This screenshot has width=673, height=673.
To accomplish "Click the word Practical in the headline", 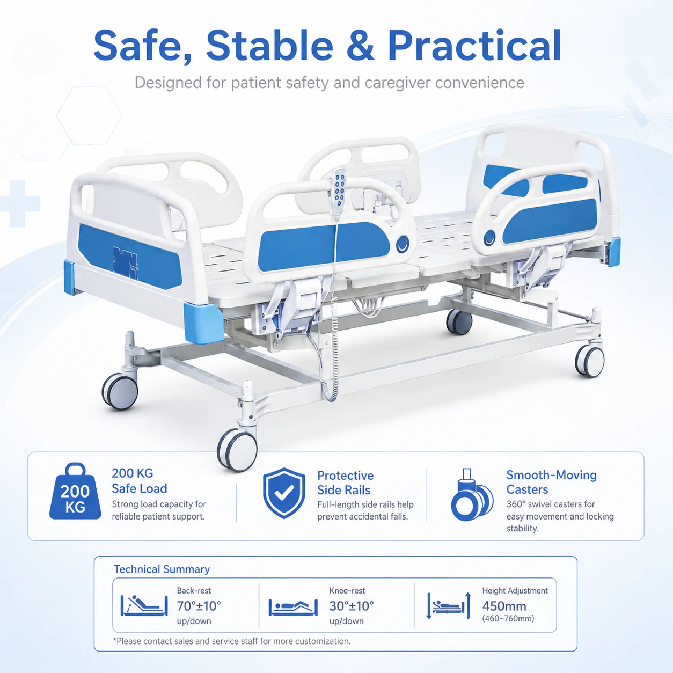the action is [x=474, y=46].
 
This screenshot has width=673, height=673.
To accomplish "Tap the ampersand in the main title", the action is [x=361, y=46].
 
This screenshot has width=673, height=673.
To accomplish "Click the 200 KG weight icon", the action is [x=75, y=491].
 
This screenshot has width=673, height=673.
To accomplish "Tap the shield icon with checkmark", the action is [x=284, y=493].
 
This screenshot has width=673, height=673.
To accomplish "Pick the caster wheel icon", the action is [x=472, y=494].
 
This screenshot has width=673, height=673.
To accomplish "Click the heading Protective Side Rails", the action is [x=346, y=482].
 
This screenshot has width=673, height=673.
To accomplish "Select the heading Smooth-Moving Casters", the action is [x=552, y=482].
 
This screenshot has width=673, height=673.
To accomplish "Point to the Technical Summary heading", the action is [x=162, y=569].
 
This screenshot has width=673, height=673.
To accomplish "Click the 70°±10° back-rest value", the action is [x=199, y=606].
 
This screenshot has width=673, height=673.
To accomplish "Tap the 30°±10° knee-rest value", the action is [x=352, y=606].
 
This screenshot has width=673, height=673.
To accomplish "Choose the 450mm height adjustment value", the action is [x=504, y=606].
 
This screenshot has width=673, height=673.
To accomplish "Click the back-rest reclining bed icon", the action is [x=144, y=605].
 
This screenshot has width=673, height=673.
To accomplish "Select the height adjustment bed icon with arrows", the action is [x=449, y=605].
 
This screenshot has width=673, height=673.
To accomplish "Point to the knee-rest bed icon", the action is [x=293, y=608].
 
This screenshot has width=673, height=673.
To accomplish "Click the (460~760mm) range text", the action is [x=508, y=618].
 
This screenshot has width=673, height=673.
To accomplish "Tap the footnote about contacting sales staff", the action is [x=231, y=641].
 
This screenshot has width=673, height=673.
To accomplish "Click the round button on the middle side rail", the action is [x=403, y=244].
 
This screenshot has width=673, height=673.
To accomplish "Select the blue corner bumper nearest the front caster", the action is [x=203, y=321].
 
